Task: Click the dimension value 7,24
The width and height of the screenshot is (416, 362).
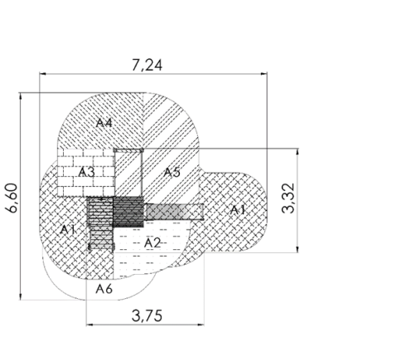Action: [x=147, y=65]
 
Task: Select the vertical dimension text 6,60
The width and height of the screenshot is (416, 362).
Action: [x=12, y=198]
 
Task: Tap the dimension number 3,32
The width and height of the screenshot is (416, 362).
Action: [x=288, y=198]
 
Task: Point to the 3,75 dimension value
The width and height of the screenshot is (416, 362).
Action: [x=147, y=316]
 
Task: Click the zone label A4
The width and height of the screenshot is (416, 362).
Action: [x=104, y=123]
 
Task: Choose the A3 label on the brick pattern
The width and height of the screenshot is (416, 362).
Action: [x=86, y=173]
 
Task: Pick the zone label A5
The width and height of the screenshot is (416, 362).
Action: [x=172, y=173]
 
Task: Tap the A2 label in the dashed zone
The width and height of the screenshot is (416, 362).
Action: [x=152, y=243]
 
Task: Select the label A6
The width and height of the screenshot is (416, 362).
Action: [x=104, y=289]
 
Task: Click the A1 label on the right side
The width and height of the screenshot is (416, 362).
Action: [x=238, y=210]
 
